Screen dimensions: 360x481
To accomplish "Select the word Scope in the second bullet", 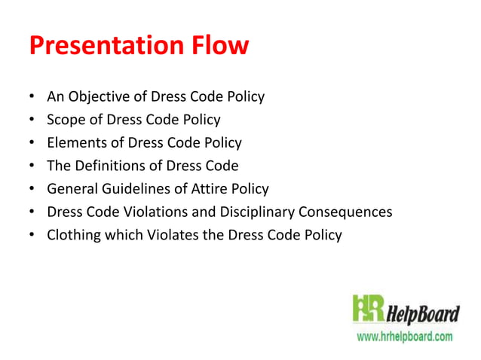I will coord(66,119).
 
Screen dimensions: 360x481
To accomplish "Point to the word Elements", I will coord(75,142).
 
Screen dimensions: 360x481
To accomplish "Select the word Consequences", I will coord(346,212).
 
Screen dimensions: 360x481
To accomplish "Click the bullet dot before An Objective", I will coord(32,97).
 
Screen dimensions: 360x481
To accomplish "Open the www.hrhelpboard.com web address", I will coord(404,336).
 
